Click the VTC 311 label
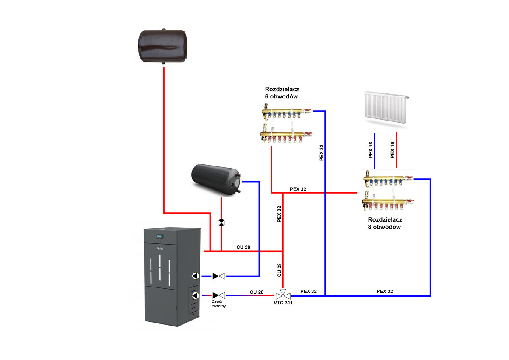(283, 303)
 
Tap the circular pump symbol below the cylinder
(221, 223)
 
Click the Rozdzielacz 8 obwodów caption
(385, 223)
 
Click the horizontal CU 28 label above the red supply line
(243, 247)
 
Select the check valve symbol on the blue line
(219, 276)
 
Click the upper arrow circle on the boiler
(195, 276)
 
